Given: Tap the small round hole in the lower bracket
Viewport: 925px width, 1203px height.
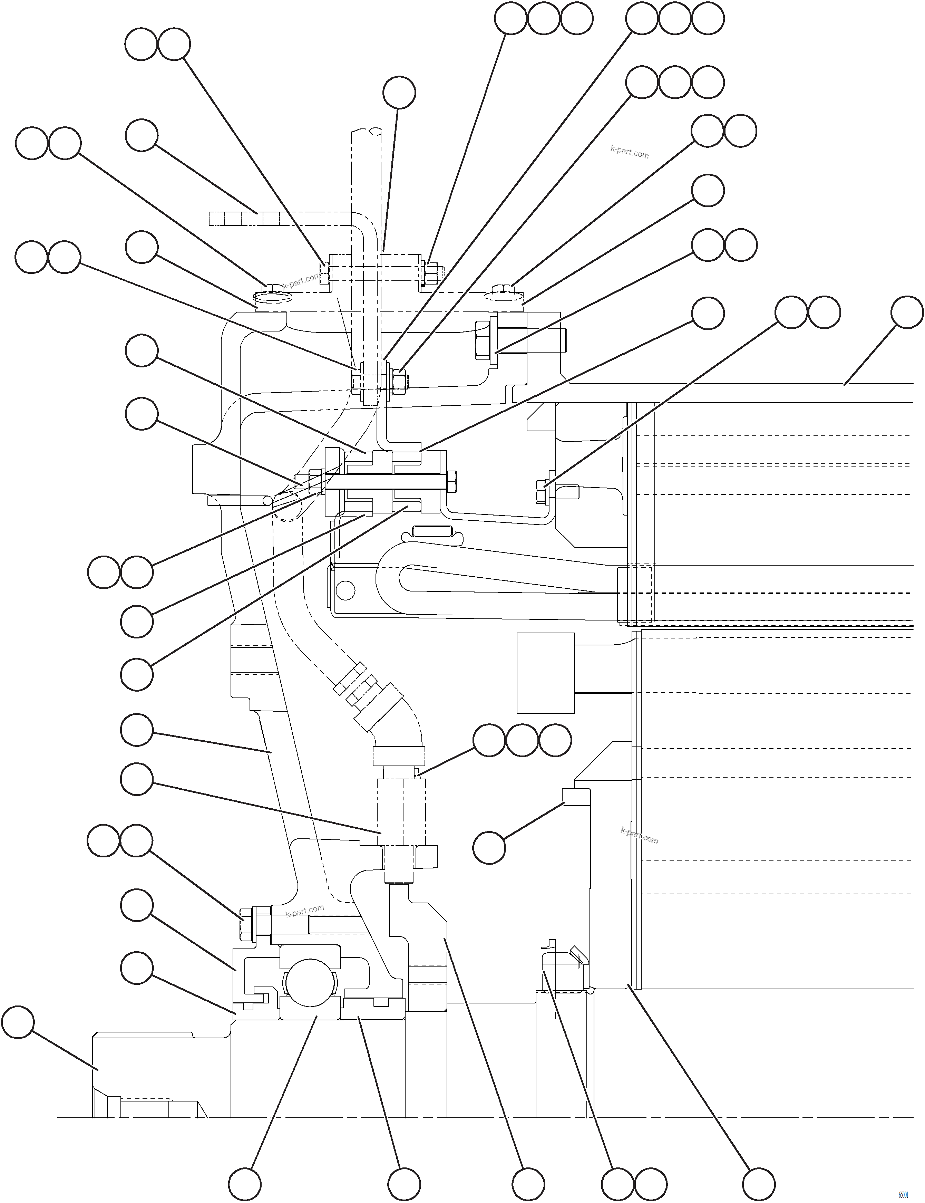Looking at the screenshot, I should (x=345, y=591).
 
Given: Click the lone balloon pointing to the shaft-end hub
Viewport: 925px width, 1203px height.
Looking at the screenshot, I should (x=18, y=1022).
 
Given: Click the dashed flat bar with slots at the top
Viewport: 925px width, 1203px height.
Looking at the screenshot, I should (x=248, y=219).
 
